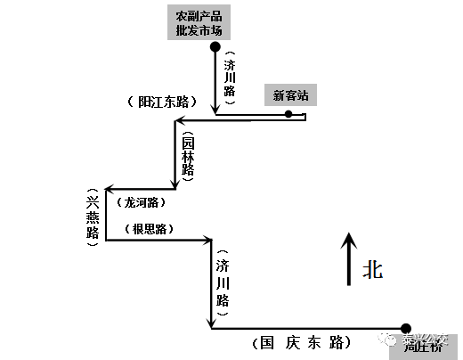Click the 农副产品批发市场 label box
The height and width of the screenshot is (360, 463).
(201, 23)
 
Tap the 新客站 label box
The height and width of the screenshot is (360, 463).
(290, 95)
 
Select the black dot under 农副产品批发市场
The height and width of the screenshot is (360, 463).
(215, 46)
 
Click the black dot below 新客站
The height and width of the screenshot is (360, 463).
(288, 114)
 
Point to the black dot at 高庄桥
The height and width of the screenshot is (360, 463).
(406, 328)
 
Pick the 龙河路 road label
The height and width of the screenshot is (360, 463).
(142, 201)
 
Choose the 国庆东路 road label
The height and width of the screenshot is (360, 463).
(300, 342)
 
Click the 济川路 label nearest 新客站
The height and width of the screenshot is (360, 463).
(230, 78)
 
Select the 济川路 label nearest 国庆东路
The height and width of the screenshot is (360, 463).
(223, 282)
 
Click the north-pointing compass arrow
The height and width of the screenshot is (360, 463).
(349, 258)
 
